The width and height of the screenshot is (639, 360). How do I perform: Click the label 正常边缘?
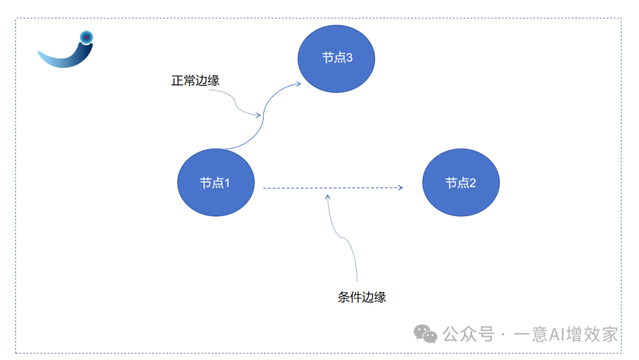click(195, 81)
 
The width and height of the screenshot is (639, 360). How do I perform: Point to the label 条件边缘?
click(362, 297)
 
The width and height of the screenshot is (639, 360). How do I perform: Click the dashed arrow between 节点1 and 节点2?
click(331, 188)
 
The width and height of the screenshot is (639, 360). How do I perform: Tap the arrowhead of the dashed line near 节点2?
click(401, 188)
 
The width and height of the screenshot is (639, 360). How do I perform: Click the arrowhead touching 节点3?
click(298, 83)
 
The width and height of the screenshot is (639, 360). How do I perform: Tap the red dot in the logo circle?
click(86, 37)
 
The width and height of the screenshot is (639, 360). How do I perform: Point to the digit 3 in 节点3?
click(349, 58)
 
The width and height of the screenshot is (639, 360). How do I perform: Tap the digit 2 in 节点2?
click(472, 182)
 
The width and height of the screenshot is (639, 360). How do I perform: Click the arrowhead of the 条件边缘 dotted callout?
click(328, 195)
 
